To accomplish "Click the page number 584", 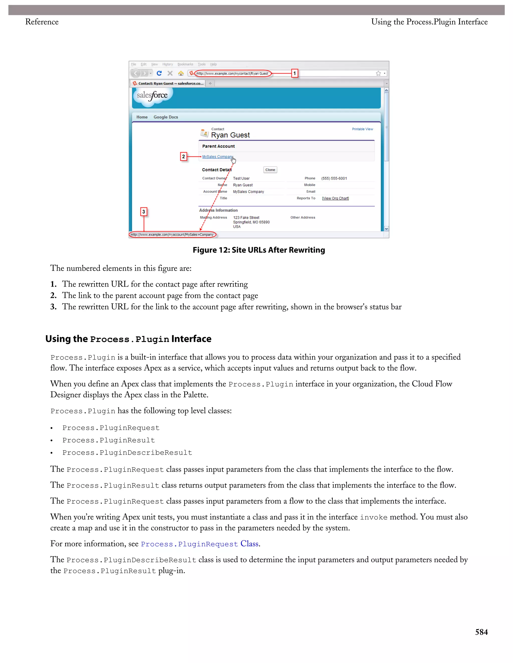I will [481, 632].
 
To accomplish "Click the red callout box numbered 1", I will [294, 73].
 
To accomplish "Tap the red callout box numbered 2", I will [183, 156].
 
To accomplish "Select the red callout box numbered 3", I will [144, 212].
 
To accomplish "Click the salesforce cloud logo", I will [152, 96].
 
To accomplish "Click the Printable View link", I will [362, 129].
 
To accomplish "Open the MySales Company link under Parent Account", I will [217, 157].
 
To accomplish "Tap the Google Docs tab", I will [166, 117].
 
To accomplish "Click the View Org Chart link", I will [335, 198].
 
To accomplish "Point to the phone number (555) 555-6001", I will [334, 178].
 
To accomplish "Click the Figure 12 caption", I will [259, 250].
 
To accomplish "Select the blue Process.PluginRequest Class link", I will [200, 544].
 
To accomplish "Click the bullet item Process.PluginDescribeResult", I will [127, 453].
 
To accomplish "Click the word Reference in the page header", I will [42, 22].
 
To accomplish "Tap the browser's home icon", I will [181, 73].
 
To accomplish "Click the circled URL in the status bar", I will [172, 234].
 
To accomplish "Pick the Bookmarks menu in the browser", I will [185, 64].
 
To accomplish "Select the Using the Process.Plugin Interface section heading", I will [128, 339].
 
